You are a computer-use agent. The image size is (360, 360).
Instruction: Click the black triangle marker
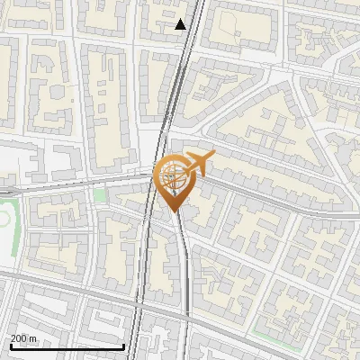click(181, 24)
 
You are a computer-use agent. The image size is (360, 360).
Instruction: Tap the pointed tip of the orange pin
click(173, 211)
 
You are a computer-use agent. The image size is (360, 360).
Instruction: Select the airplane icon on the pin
click(199, 164)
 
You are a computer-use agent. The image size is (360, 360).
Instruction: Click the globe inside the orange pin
click(173, 178)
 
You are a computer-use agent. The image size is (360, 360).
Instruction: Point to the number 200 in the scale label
click(19, 338)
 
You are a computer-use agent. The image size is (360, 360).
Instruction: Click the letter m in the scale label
click(33, 338)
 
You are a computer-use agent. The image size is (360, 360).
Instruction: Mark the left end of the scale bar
click(11, 346)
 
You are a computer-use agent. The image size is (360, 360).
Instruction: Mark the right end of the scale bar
click(123, 346)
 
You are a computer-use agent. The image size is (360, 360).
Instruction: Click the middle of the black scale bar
click(67, 346)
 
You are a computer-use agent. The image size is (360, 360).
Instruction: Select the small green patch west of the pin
click(100, 194)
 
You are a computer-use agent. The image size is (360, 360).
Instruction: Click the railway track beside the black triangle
click(192, 27)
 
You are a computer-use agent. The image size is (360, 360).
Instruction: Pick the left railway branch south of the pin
click(142, 288)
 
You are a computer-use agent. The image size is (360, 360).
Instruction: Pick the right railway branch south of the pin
click(184, 288)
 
